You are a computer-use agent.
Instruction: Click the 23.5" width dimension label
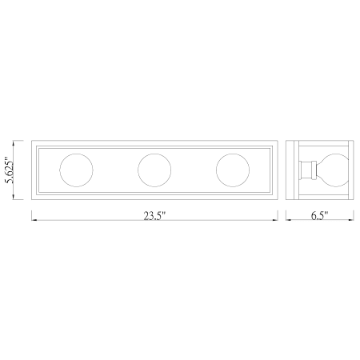(154, 216)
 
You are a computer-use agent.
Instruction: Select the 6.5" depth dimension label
(319, 215)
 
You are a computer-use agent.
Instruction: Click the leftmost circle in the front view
(76, 170)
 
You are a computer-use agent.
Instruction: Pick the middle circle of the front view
(154, 170)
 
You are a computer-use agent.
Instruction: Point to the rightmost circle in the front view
(233, 170)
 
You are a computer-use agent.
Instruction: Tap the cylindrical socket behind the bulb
(306, 170)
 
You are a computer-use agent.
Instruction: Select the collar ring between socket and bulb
(314, 170)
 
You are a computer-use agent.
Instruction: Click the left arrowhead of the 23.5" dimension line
(34, 220)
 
